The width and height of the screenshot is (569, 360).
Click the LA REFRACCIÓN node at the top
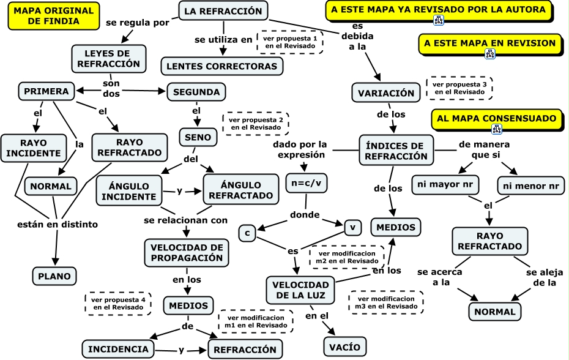[223, 11]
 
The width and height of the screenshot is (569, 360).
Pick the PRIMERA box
[46, 91]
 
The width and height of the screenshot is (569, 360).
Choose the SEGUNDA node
[196, 92]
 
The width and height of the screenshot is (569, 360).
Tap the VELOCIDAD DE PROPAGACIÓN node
[187, 252]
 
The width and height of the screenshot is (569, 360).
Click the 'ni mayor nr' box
[445, 184]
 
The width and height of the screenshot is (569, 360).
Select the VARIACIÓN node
[386, 93]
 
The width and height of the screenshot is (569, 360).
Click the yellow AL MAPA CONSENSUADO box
[496, 118]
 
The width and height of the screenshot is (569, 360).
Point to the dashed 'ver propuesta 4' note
[118, 304]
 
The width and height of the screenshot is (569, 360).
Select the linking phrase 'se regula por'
[138, 22]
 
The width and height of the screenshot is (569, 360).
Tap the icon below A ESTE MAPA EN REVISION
[489, 54]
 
